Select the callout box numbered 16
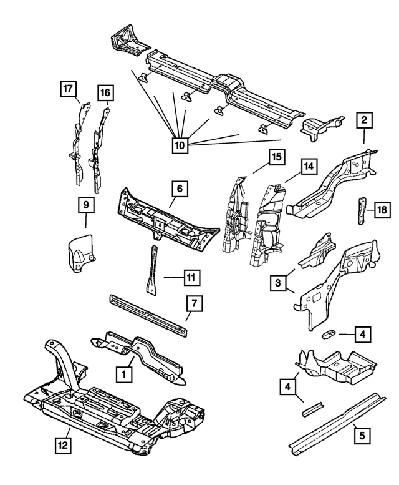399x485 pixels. [106, 93]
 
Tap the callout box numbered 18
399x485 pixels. [382, 211]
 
